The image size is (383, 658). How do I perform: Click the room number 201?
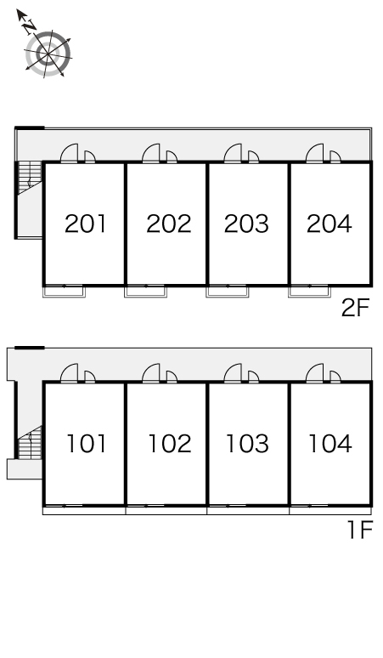tap(86, 224)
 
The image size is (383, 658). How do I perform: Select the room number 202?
tap(168, 224)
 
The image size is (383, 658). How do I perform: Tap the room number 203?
tap(246, 224)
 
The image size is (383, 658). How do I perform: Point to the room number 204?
tap(329, 224)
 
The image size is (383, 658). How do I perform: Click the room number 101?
tap(87, 444)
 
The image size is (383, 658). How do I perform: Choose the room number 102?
tap(170, 444)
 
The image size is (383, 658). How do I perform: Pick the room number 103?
tap(248, 444)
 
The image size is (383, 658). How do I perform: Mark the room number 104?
tap(330, 444)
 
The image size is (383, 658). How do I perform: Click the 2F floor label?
tap(355, 309)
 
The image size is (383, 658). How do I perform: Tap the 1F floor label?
tap(360, 530)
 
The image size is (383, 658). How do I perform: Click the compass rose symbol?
tap(48, 54)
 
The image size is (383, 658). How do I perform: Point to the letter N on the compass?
tap(29, 26)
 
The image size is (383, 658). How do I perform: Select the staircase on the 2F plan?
tap(31, 179)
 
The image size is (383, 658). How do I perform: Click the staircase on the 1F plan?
tap(31, 442)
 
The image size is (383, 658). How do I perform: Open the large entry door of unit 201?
tap(70, 154)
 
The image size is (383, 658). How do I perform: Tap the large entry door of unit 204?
tap(315, 154)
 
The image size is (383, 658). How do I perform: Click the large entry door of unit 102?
tap(151, 373)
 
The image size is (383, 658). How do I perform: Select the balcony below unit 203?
tap(227, 292)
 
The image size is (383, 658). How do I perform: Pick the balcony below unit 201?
tap(64, 292)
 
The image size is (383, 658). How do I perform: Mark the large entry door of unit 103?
tap(233, 373)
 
